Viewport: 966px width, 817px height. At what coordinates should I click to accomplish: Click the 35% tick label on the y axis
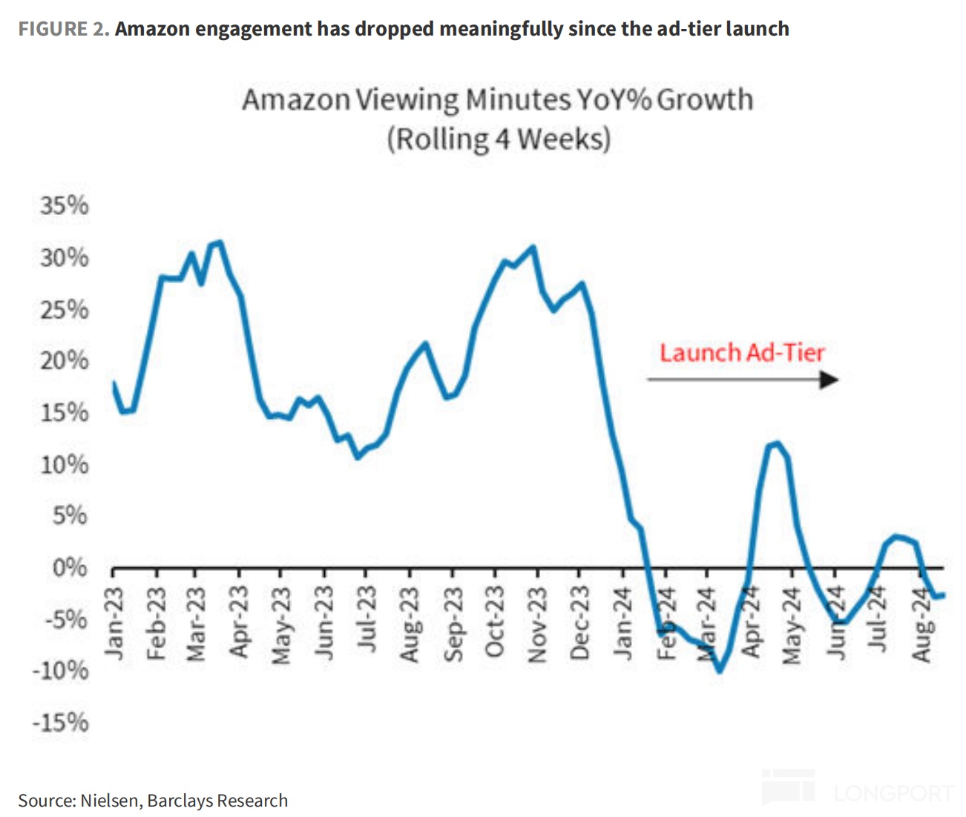pos(65,205)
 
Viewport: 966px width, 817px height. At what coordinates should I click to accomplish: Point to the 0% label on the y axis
pos(70,568)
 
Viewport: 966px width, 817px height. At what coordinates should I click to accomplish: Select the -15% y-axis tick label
pos(60,722)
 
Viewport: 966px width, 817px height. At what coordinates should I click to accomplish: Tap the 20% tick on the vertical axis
pos(65,361)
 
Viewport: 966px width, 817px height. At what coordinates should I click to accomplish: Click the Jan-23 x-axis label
pos(114,623)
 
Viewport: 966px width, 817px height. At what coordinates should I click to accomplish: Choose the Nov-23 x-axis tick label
pos(536,623)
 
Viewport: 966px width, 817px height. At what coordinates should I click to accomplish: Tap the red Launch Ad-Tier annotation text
pos(742,353)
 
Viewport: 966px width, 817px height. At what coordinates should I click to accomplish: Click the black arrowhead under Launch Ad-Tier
pos(829,380)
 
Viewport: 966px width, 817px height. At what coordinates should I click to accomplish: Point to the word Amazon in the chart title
pos(296,100)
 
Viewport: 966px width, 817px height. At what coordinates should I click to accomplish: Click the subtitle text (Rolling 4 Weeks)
pos(499,139)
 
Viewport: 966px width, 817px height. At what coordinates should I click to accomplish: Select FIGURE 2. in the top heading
pos(64,29)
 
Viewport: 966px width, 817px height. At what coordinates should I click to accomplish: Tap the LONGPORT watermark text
pos(893,793)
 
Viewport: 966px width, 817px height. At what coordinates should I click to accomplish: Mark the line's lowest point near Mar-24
pos(719,671)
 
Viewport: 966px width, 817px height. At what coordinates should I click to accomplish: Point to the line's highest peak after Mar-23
pos(218,242)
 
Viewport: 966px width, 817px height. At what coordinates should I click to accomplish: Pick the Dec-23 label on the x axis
pos(579,623)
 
